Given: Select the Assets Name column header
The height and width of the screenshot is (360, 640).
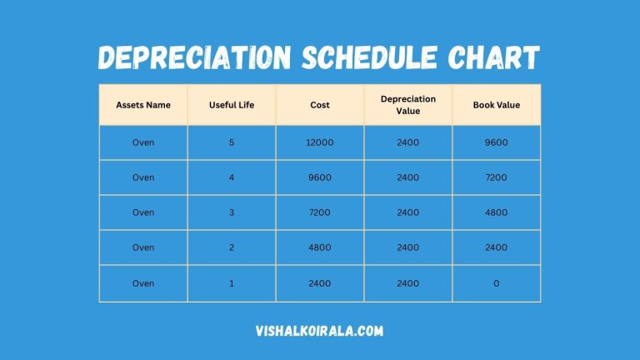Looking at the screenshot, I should pos(143,105).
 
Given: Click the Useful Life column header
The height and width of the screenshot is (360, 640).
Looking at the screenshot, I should pos(232,105).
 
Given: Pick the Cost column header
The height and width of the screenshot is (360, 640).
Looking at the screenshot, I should pos(320,105).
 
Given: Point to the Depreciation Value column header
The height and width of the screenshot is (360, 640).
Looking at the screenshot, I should pos(408,105).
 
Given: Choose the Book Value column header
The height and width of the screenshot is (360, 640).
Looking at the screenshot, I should pos(497,105).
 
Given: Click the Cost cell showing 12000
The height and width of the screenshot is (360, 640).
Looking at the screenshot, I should pos(320,142).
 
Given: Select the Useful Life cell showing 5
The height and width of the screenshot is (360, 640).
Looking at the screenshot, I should pos(232,142).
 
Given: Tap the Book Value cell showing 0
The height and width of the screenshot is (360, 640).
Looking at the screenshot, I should pos(497,283).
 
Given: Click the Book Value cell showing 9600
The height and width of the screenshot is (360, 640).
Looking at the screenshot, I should pos(497,142).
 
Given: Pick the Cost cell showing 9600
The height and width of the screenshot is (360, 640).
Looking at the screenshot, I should pos(320,177).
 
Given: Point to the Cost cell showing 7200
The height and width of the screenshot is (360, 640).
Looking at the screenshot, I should pos(320,212).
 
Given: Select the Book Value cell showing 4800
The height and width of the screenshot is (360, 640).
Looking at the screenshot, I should pos(497,212).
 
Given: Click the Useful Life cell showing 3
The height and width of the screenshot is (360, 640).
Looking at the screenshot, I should pos(232,212).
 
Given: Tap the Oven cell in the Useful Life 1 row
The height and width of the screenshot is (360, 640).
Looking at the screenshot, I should pos(143,283).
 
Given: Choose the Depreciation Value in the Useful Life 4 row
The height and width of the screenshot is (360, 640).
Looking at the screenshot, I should pos(408,177).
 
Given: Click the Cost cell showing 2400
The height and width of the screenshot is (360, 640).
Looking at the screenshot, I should pos(320,283).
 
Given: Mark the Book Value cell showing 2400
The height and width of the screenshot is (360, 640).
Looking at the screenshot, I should pos(497,247).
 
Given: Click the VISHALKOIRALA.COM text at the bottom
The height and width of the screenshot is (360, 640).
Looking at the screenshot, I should pos(320,331).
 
